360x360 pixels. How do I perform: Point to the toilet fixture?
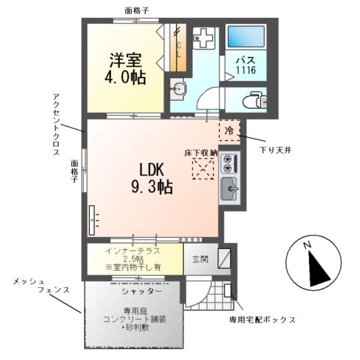point(253,97)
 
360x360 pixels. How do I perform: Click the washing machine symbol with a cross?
point(203,38)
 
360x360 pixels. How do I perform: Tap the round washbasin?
point(179,90)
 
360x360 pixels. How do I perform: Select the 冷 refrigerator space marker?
point(229,131)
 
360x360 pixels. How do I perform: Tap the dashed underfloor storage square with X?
point(202,169)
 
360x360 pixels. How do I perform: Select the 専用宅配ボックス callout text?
point(262,320)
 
